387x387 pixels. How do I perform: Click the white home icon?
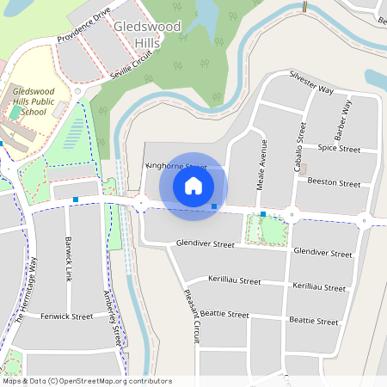coord(193,186)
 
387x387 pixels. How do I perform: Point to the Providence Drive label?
coord(84,28)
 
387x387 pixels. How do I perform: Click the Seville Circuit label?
coord(132,65)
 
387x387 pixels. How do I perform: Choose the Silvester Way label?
coord(311,83)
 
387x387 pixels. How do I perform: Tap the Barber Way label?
coord(345,120)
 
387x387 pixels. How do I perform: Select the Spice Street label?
coord(339,148)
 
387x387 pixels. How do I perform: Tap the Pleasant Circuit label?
coord(191,316)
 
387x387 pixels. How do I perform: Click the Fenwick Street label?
coord(66,316)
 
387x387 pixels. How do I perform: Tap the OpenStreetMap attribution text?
coord(87,381)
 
